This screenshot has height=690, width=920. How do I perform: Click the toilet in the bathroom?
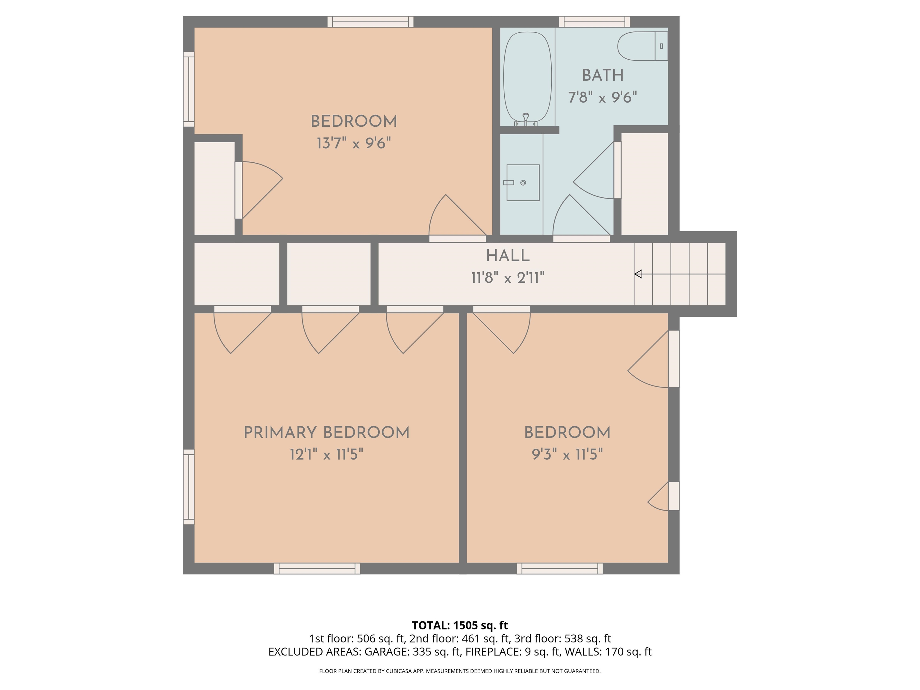click(x=643, y=46)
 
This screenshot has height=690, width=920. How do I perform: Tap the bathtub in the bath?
click(x=527, y=77)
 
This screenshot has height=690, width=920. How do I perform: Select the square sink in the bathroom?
click(x=523, y=183)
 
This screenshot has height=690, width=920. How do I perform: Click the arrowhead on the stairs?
click(x=638, y=274)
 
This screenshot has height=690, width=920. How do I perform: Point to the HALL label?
click(x=508, y=256)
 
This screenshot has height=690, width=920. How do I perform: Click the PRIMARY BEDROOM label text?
click(x=326, y=432)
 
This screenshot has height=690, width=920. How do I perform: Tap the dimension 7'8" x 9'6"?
click(x=603, y=97)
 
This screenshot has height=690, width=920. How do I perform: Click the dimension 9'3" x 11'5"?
click(x=567, y=454)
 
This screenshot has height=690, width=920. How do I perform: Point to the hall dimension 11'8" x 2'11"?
click(x=508, y=278)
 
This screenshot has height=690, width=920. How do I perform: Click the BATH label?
click(x=603, y=75)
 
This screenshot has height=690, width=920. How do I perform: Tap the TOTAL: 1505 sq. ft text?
click(x=460, y=626)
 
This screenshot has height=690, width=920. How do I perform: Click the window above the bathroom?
click(x=594, y=22)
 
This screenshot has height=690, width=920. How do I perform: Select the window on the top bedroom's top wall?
click(x=370, y=22)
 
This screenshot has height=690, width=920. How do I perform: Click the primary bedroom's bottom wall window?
click(x=317, y=568)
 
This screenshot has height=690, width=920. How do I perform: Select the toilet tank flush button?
click(x=661, y=46)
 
